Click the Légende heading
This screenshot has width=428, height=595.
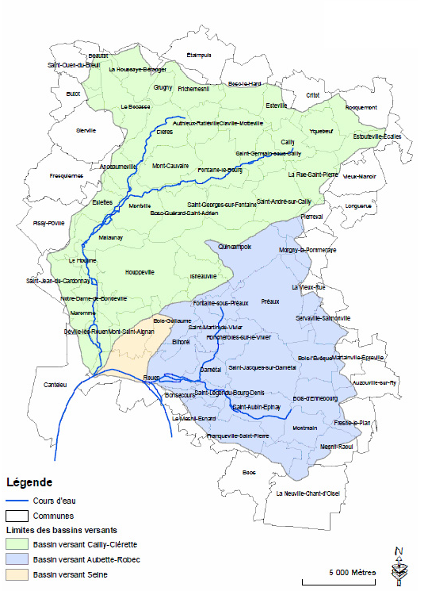click(29, 482)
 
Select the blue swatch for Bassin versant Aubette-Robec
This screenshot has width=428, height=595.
click(17, 560)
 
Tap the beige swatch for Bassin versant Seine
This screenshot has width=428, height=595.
click(17, 575)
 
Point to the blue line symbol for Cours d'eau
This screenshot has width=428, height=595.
click(17, 501)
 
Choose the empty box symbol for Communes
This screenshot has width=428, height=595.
click(17, 515)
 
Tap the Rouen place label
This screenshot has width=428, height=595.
click(152, 378)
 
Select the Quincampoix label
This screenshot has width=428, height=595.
click(235, 247)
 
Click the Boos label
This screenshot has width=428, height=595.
click(250, 472)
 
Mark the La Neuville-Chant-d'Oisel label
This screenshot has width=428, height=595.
click(308, 493)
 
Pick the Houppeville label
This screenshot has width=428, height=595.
click(139, 272)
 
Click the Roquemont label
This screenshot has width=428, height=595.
click(361, 107)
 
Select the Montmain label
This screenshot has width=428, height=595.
click(305, 428)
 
